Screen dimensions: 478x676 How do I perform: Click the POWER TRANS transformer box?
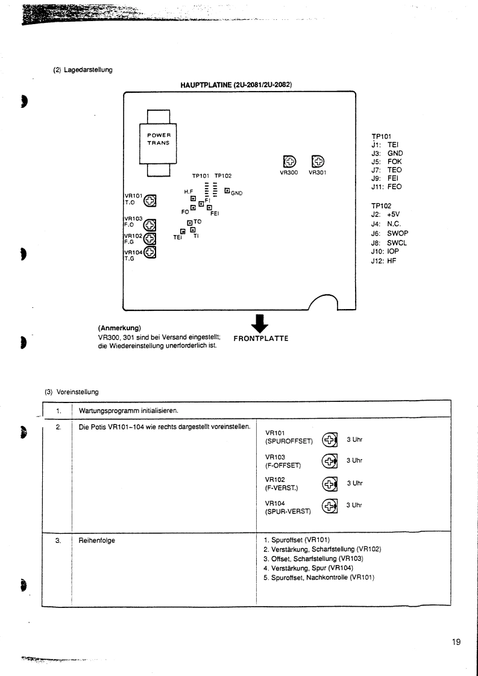point(158,143)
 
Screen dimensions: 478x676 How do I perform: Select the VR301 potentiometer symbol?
point(318,162)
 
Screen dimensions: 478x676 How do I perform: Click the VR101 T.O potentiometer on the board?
point(149,200)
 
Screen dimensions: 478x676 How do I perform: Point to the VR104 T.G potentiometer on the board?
point(149,252)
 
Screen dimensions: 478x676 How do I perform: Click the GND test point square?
point(227,190)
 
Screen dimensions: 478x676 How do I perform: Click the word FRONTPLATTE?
point(260,339)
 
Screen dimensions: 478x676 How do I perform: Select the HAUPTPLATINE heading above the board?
point(236,84)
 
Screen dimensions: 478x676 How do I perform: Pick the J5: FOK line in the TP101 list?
point(386,161)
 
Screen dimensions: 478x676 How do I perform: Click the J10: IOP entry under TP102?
point(385,251)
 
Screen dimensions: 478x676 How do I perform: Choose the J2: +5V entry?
point(386,218)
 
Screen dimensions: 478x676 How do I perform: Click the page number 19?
point(456,642)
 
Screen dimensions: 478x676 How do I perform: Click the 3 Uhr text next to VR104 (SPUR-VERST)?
point(354,505)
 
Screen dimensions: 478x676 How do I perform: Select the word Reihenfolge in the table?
point(96,540)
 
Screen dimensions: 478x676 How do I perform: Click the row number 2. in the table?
point(58,427)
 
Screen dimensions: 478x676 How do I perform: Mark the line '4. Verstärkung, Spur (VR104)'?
point(308,568)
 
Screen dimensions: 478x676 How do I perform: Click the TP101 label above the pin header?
point(201,176)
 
